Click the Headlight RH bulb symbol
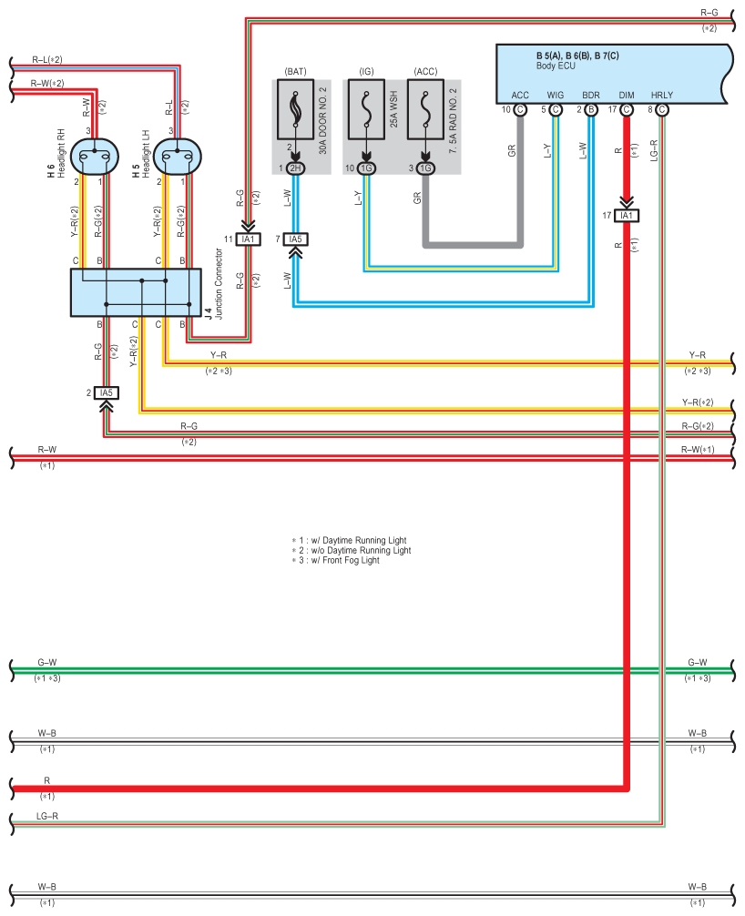95,156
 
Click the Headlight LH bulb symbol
177,156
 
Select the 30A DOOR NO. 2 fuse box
295,109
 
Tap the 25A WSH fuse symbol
366,109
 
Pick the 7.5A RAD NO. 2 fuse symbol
425,109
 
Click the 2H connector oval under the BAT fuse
296,168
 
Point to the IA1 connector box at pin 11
249,239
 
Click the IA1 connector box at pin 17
627,216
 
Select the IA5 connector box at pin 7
296,239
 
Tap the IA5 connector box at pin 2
107,392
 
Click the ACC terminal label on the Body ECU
520,96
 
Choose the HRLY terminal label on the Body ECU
662,96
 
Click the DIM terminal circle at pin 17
627,109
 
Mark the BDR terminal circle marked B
591,109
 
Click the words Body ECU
556,66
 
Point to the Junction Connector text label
219,284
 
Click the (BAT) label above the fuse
295,71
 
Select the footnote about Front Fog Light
335,560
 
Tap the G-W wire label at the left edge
47,663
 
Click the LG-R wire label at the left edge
47,816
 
